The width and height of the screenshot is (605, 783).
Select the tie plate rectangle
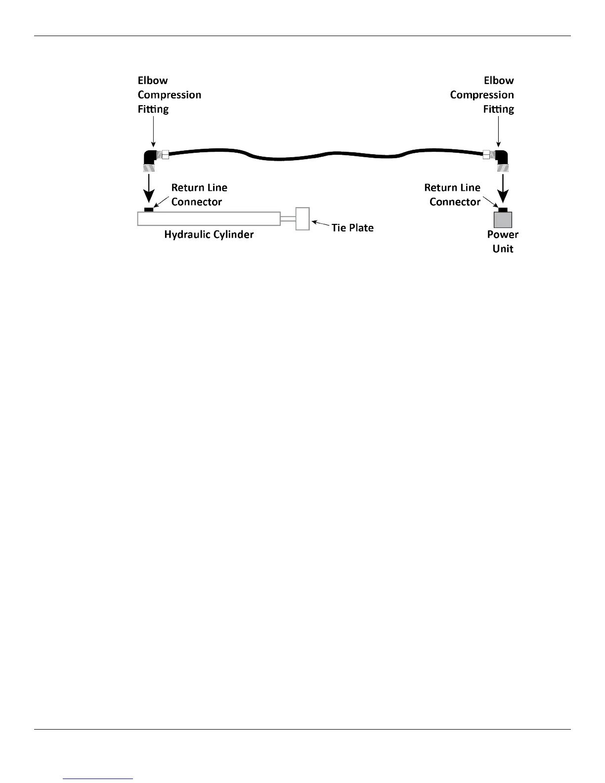(x=302, y=218)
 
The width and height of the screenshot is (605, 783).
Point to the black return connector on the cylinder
(x=148, y=210)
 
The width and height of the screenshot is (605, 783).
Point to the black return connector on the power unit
(x=503, y=210)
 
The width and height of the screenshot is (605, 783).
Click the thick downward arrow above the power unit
(x=503, y=187)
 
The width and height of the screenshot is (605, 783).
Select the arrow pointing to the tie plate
(x=320, y=225)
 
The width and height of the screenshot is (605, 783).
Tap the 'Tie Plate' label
(x=352, y=228)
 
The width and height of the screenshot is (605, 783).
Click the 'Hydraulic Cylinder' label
(x=209, y=234)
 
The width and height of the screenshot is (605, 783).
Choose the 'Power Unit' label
(x=503, y=242)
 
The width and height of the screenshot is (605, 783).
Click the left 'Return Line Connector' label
(x=199, y=195)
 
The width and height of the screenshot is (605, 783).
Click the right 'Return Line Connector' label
(x=453, y=195)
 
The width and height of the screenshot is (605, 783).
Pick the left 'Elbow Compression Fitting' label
(x=169, y=94)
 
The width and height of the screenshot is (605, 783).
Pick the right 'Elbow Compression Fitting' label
(x=482, y=94)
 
